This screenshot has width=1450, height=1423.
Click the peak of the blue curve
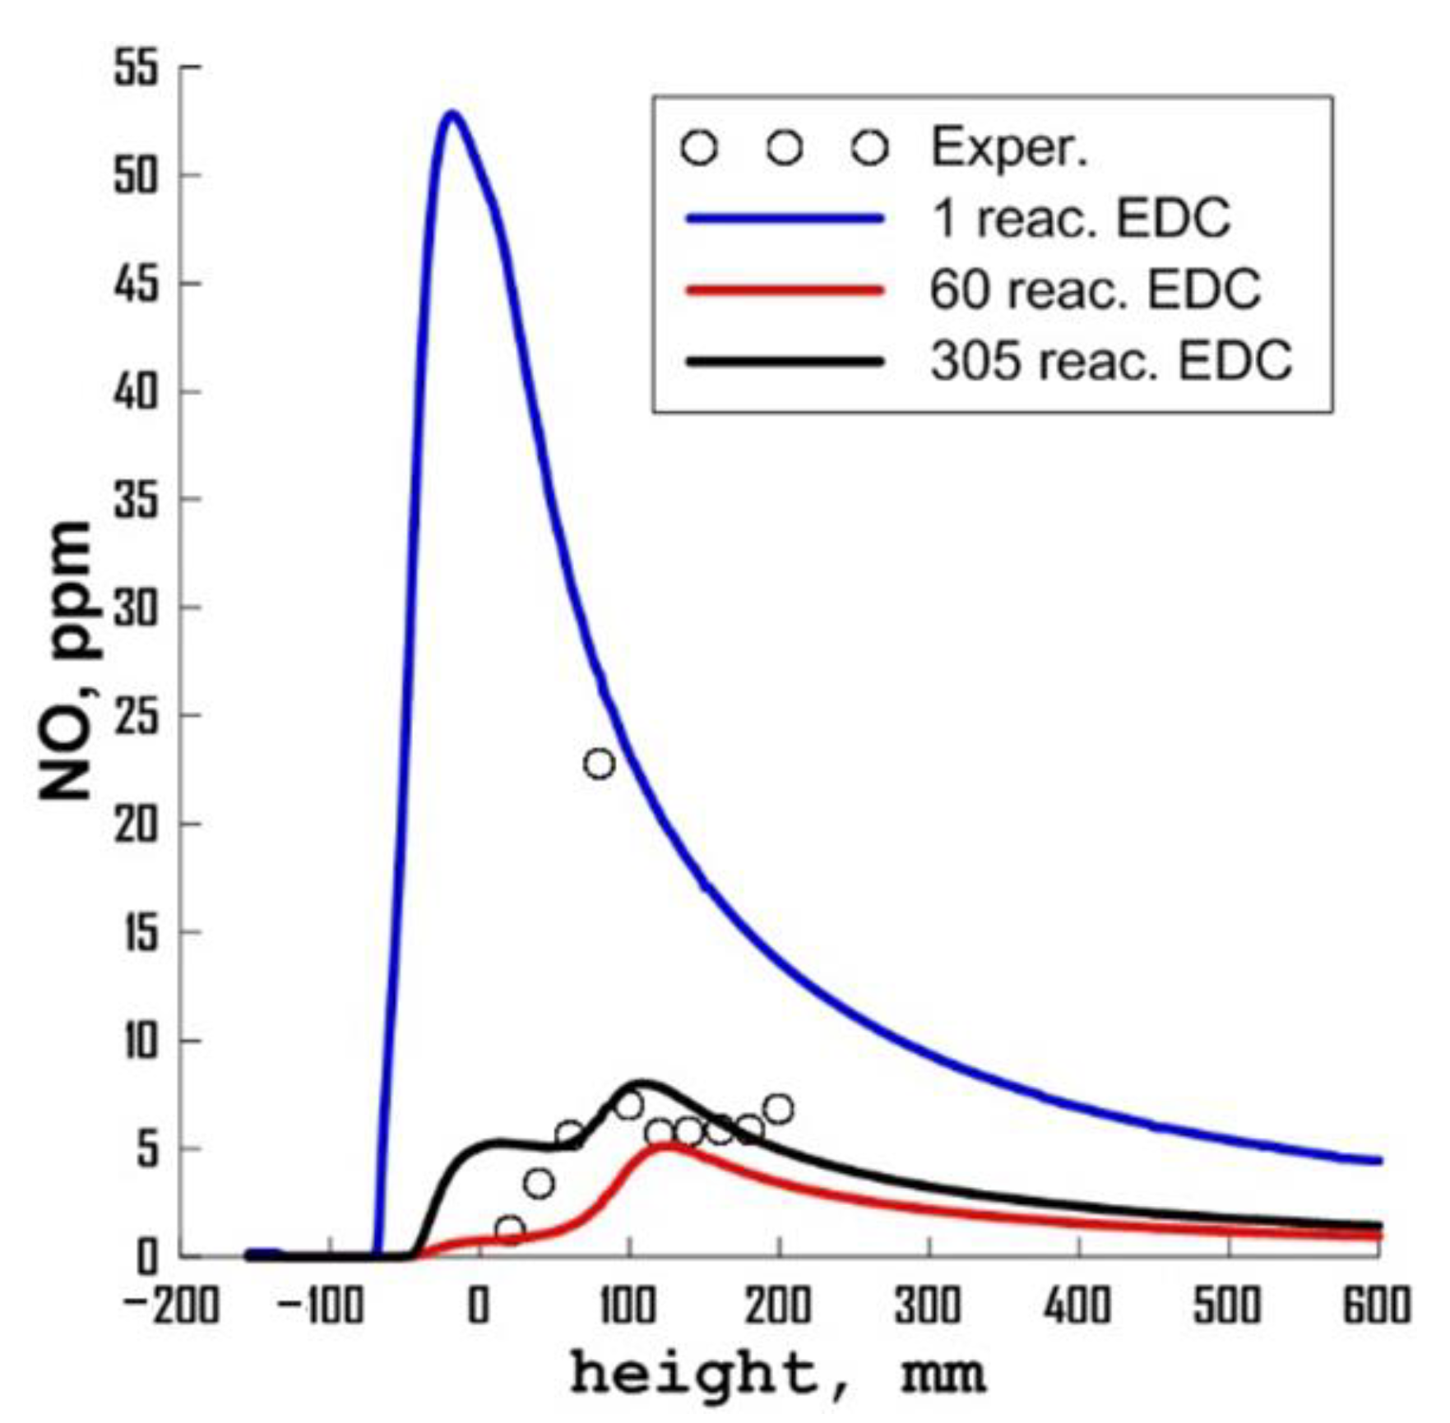click(x=452, y=113)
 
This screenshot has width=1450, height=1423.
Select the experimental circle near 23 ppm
click(x=600, y=764)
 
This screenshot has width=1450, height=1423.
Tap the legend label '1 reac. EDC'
click(x=1080, y=219)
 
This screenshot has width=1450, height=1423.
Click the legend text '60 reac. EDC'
click(x=1095, y=289)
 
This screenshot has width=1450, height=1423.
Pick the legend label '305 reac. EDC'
click(x=1111, y=360)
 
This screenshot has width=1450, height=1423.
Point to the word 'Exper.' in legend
click(x=1009, y=148)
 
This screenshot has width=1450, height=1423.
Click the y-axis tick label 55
click(x=135, y=67)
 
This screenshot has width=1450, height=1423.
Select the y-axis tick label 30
click(x=135, y=608)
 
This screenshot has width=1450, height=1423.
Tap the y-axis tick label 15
click(x=137, y=933)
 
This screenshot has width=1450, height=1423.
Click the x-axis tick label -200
click(x=173, y=1305)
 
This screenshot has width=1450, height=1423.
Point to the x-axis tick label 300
click(x=928, y=1305)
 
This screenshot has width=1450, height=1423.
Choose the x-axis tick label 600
click(x=1376, y=1305)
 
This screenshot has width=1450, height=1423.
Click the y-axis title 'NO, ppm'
click(x=67, y=662)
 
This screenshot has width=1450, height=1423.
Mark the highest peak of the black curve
click(x=644, y=1083)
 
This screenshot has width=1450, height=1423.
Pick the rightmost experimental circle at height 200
click(x=778, y=1110)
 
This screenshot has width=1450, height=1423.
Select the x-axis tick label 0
click(x=479, y=1305)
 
